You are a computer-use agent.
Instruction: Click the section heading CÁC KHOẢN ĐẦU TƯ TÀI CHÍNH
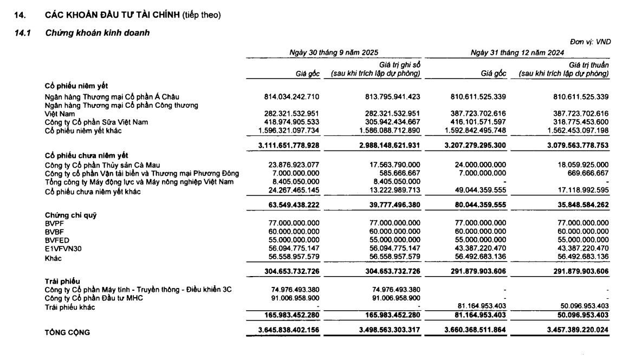(x=112, y=15)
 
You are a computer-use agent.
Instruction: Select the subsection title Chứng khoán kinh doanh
(x=98, y=34)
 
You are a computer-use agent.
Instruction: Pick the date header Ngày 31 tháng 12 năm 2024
(x=517, y=53)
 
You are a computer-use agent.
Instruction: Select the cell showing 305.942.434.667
(x=389, y=122)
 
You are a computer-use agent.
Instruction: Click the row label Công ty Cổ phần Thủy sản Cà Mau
(x=102, y=165)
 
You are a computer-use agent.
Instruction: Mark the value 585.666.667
(x=398, y=173)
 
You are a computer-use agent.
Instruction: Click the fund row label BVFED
(x=57, y=240)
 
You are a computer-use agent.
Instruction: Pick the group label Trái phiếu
(x=62, y=282)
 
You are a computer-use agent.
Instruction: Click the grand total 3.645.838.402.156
(x=289, y=331)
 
